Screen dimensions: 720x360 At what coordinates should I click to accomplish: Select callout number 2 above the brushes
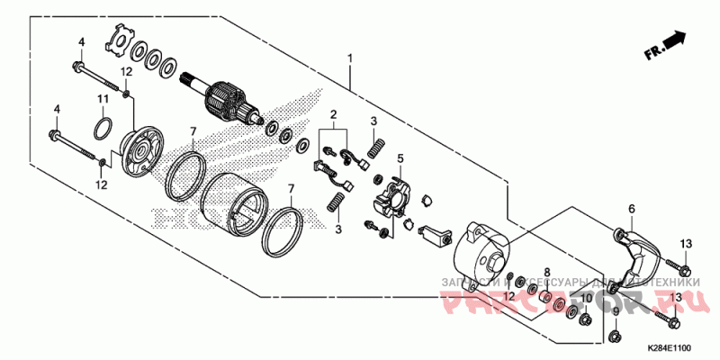(332, 114)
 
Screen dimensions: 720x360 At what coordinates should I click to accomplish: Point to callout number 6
(631, 209)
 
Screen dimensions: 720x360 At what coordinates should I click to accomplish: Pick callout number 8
(547, 271)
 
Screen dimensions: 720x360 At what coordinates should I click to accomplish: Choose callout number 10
(585, 297)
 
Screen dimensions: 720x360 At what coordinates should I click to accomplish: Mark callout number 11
(103, 97)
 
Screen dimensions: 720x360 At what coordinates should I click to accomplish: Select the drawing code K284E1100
(667, 347)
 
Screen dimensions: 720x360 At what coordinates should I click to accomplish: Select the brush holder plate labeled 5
(393, 197)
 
